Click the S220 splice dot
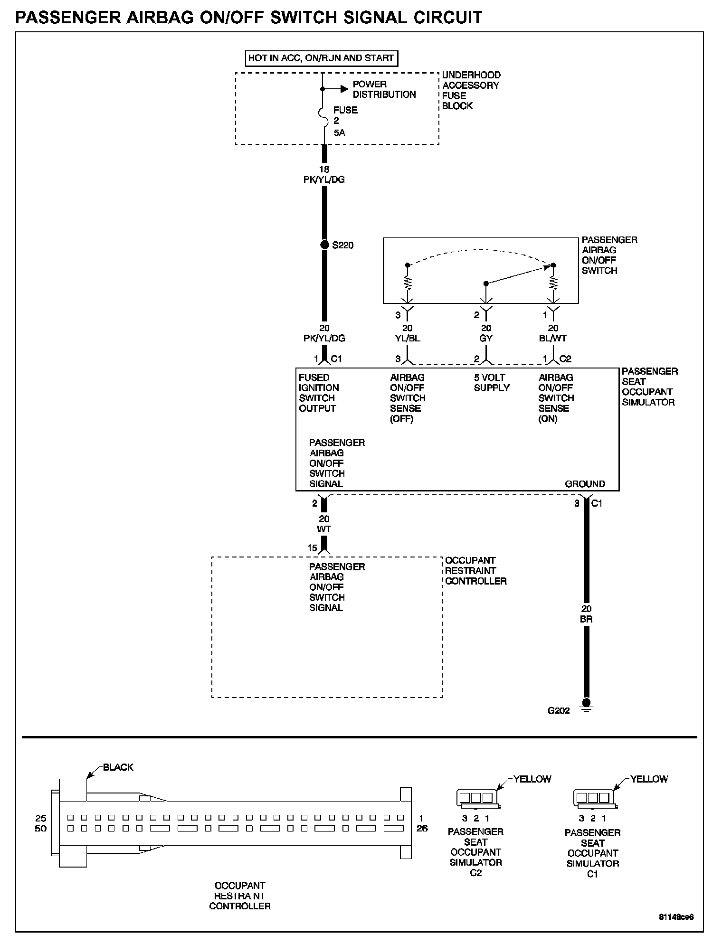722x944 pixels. coord(324,245)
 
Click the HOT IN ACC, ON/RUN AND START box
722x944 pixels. coord(321,58)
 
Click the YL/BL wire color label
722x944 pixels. coord(407,339)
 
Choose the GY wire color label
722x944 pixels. coord(486,339)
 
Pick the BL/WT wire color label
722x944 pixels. coord(553,339)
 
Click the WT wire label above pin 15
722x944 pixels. coord(324,529)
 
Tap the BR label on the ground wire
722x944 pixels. coord(586,619)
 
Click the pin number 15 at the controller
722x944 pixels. coord(312,548)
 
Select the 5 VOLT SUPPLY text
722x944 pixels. coord(492,383)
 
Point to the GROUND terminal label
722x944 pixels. coord(585,484)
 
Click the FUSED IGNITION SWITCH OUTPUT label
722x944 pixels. coord(318,393)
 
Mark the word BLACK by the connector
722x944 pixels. coord(118,767)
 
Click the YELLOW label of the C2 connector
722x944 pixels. coord(532,779)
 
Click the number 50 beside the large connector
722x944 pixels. coord(41,829)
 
